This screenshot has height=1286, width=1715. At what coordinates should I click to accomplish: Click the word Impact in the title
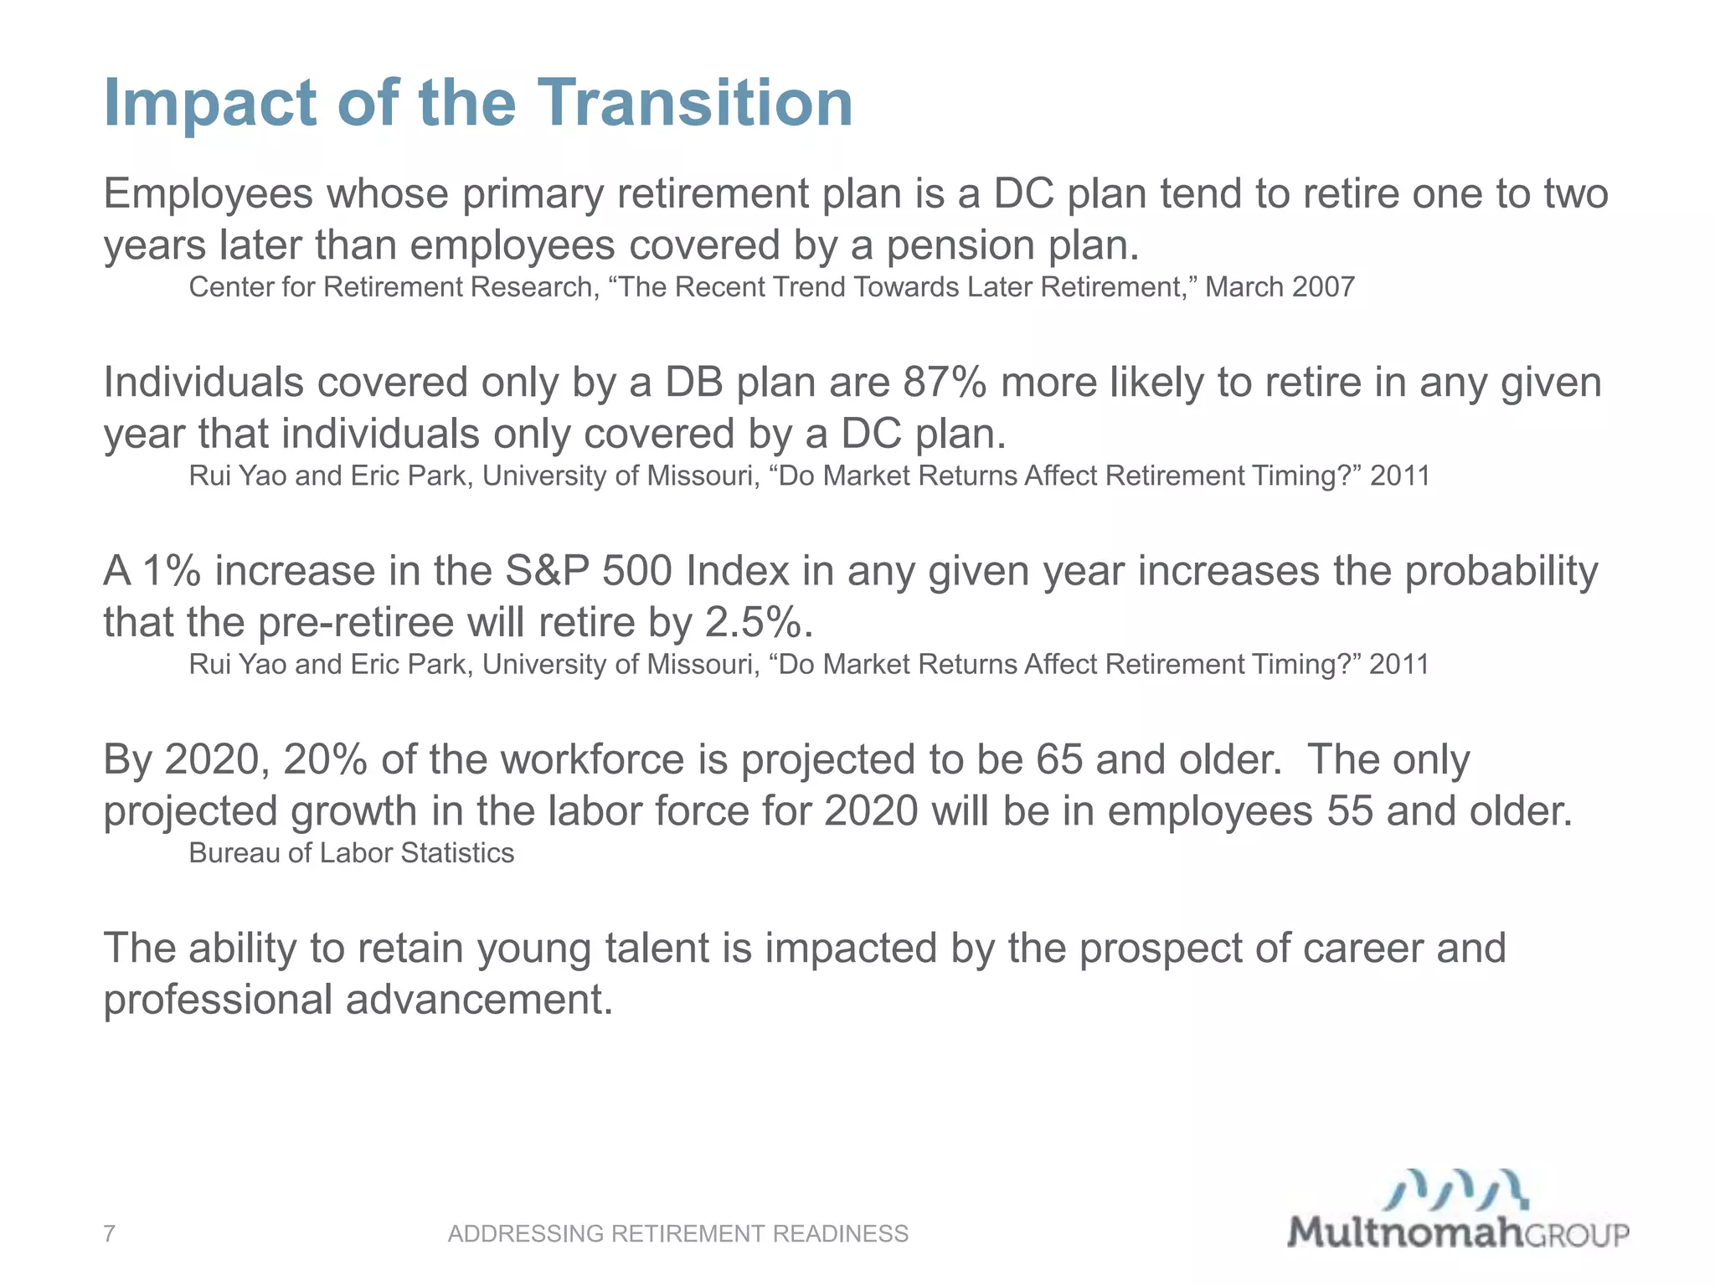[210, 104]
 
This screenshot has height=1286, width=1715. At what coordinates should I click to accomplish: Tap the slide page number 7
[109, 1233]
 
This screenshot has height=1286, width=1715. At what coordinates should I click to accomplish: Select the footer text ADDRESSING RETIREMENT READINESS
[677, 1233]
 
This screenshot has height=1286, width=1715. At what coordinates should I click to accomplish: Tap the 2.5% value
[754, 622]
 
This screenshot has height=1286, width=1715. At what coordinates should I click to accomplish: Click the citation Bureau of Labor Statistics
[351, 852]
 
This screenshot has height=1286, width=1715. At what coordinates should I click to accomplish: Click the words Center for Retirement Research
[391, 287]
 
